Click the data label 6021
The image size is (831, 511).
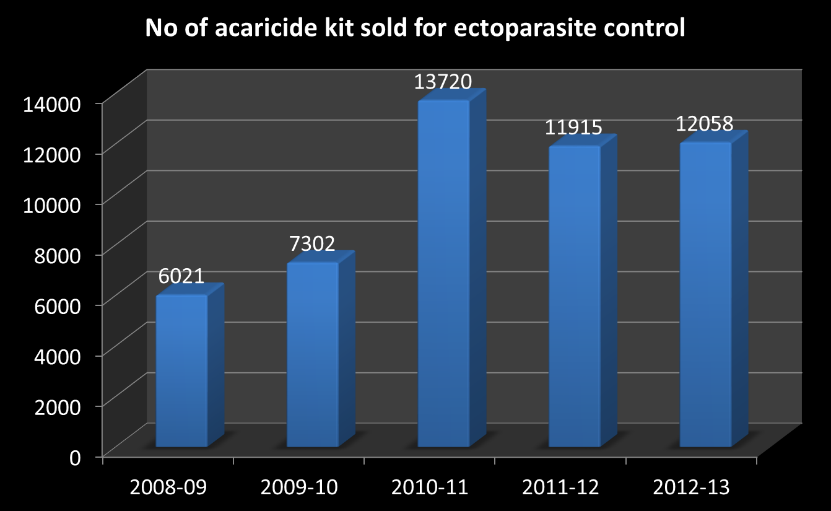(181, 276)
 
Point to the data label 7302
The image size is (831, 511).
(312, 243)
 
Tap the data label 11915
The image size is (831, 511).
(573, 128)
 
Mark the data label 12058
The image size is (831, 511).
(704, 123)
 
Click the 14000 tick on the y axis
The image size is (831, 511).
(51, 103)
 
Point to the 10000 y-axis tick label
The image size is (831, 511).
(51, 204)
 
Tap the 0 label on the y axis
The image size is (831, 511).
(75, 457)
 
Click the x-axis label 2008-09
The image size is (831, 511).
(168, 487)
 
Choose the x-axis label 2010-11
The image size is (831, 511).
(430, 487)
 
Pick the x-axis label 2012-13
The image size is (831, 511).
(692, 487)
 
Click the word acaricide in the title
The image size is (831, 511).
(241, 29)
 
